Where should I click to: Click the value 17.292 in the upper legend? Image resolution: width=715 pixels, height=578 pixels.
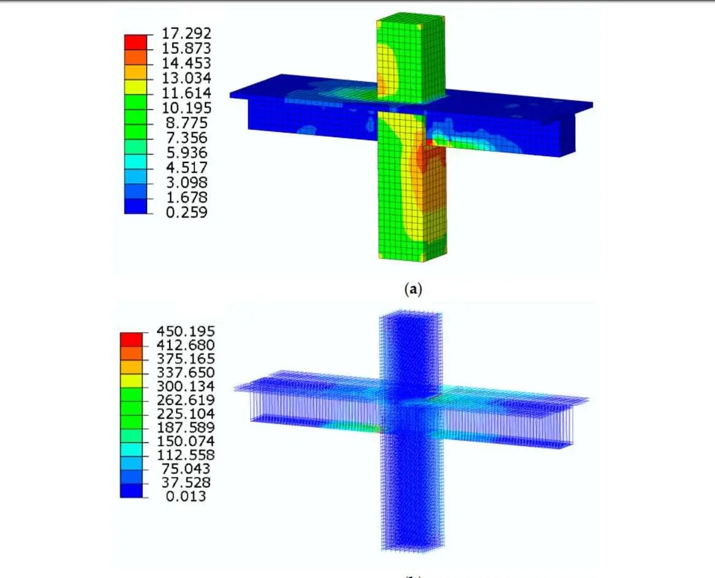coord(186,33)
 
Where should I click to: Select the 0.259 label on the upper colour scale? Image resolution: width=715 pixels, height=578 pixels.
coord(186,212)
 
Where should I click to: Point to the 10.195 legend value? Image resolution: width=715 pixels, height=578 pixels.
coord(186,108)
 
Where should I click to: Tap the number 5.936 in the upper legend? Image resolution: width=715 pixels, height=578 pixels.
coord(186,153)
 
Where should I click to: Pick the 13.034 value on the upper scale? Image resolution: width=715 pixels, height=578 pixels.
coord(186,78)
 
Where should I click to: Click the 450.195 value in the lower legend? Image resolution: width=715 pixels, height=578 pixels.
coord(186,331)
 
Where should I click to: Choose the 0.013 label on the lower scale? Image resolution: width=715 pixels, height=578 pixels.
coord(186,496)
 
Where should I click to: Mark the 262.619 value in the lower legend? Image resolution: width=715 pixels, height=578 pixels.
coord(186,400)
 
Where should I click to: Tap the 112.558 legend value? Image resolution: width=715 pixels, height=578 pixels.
coord(186,455)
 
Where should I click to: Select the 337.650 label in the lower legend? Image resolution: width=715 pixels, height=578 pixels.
coord(186,372)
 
